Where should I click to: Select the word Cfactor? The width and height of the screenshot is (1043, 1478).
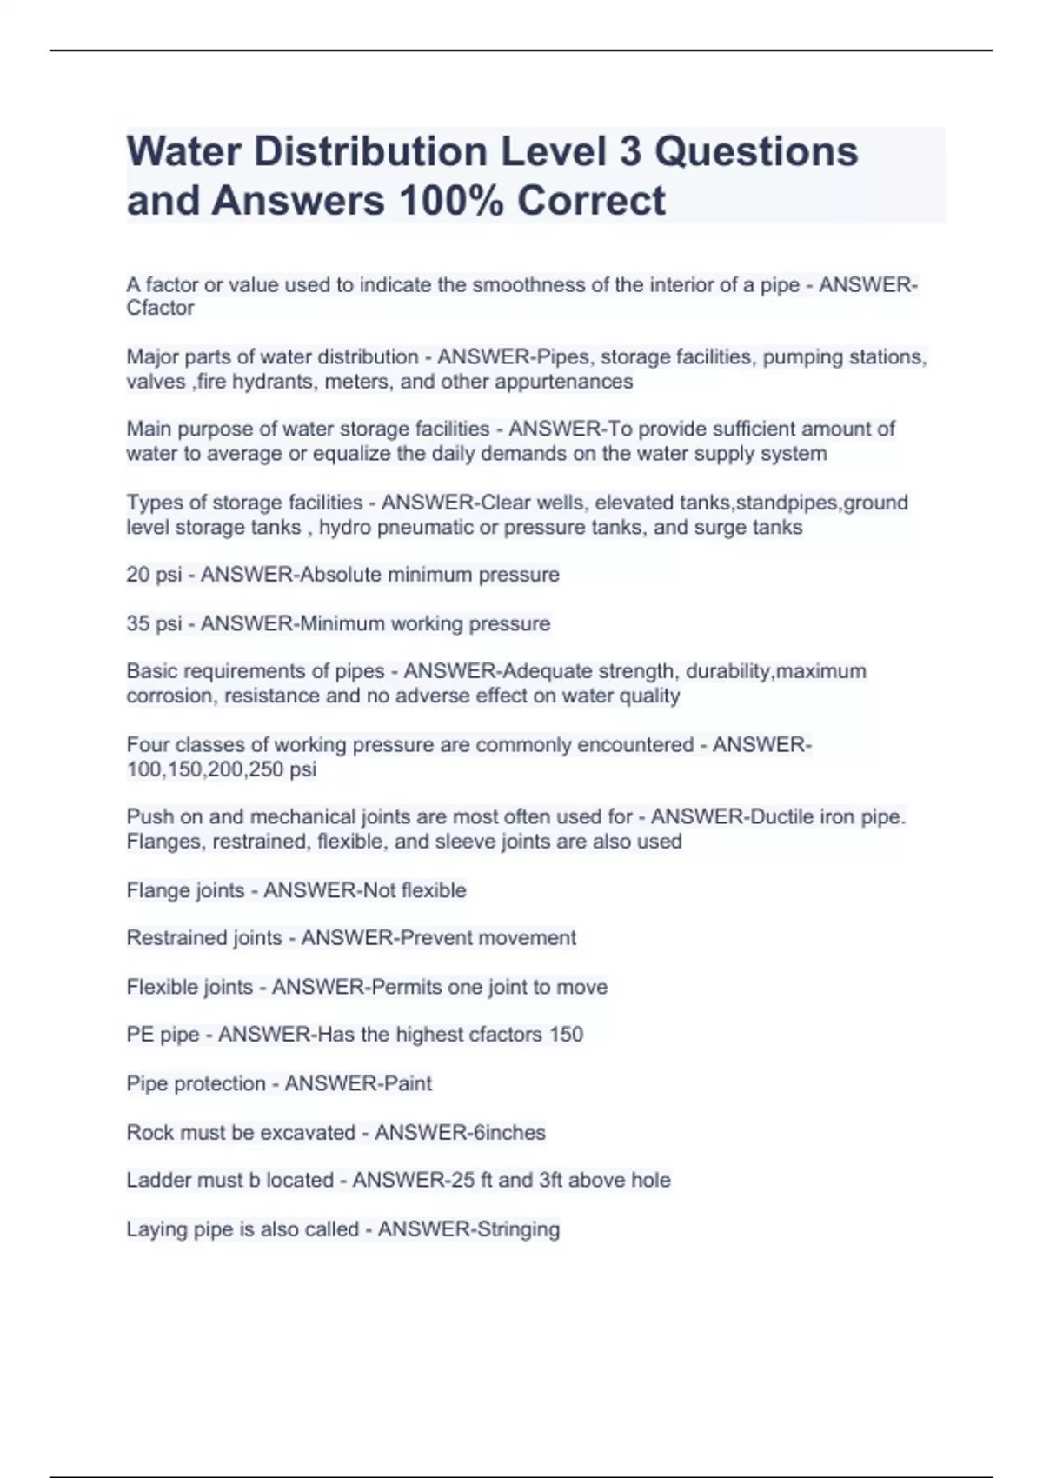(x=160, y=308)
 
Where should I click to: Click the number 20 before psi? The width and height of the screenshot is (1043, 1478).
(x=138, y=575)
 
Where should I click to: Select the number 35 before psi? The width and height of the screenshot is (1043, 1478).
(x=138, y=623)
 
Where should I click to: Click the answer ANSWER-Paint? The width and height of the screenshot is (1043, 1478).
(x=358, y=1083)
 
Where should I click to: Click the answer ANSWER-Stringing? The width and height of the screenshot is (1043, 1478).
(x=468, y=1229)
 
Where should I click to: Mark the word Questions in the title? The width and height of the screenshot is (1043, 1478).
(x=755, y=152)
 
